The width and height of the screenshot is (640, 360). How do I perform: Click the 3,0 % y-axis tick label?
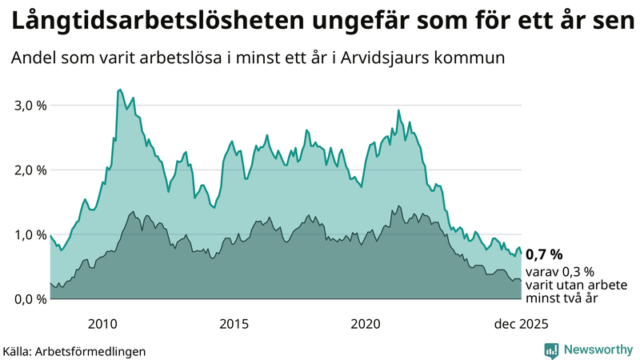(29, 106)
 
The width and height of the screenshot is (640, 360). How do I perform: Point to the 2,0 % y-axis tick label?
(29, 170)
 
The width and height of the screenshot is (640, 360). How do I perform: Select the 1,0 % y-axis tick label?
(29, 235)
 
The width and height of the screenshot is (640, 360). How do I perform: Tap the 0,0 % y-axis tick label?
(29, 299)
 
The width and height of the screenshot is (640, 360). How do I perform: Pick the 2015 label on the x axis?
(234, 324)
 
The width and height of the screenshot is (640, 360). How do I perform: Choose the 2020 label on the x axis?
(366, 324)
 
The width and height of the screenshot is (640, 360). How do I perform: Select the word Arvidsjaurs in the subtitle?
(410, 58)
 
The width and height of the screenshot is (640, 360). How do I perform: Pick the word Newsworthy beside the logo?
(597, 350)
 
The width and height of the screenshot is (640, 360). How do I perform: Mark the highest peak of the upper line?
(119, 90)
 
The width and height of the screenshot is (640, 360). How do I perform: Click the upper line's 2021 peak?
(398, 110)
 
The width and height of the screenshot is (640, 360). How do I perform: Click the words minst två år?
(562, 298)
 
